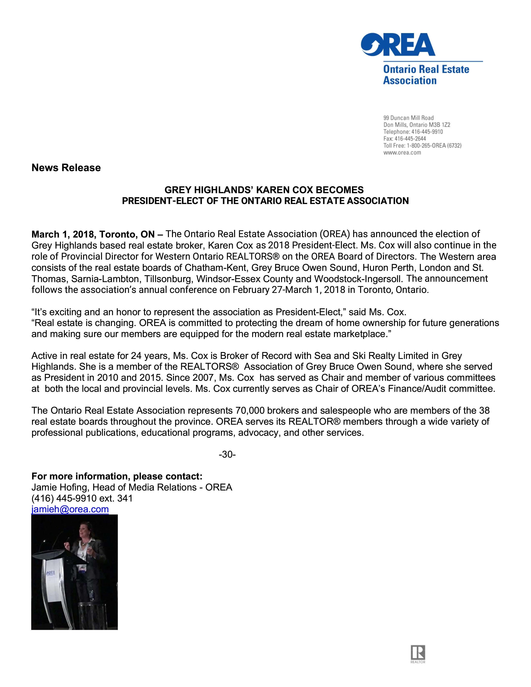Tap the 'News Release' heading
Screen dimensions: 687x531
click(66, 168)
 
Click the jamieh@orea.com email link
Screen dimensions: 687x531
click(70, 509)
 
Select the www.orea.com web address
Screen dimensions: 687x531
click(402, 153)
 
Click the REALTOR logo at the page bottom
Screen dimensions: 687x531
click(418, 653)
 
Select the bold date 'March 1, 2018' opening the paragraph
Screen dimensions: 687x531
click(62, 234)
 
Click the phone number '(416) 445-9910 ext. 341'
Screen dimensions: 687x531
click(82, 498)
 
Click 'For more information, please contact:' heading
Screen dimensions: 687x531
click(117, 476)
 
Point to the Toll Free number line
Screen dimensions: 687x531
click(422, 146)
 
